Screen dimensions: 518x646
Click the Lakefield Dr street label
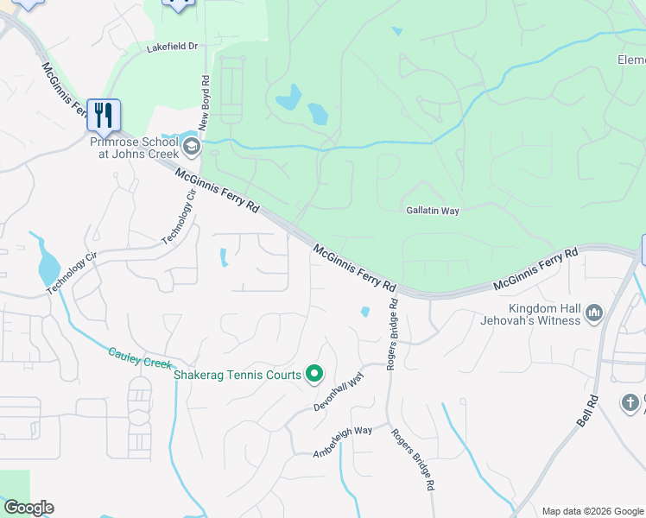(x=172, y=46)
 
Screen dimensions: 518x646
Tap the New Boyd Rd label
(x=205, y=103)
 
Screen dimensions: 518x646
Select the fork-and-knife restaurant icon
(x=104, y=114)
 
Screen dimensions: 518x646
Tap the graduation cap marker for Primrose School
(x=191, y=148)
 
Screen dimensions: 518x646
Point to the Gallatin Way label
(x=433, y=210)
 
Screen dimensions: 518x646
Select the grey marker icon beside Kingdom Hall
(x=593, y=313)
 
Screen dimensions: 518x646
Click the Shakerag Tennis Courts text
(x=237, y=375)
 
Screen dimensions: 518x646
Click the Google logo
(x=28, y=508)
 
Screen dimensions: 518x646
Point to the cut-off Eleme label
(x=630, y=60)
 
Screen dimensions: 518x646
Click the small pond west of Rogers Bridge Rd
(x=364, y=312)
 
